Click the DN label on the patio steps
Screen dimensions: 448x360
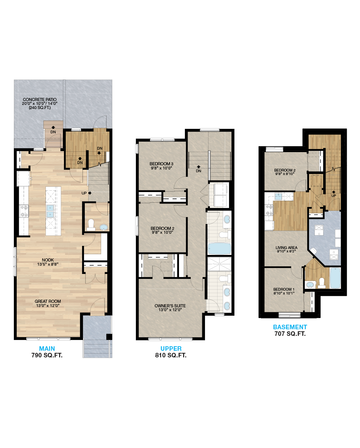[53, 132]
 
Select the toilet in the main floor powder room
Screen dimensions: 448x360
[91, 224]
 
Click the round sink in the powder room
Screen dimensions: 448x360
[104, 227]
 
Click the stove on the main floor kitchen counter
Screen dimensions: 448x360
[24, 210]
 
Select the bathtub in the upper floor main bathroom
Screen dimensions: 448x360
[219, 249]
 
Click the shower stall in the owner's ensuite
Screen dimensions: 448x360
[219, 264]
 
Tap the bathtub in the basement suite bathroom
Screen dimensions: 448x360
[335, 278]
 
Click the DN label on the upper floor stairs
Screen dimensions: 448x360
[198, 171]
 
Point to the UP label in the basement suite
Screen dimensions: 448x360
[334, 196]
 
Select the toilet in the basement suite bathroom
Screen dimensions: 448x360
[321, 283]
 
